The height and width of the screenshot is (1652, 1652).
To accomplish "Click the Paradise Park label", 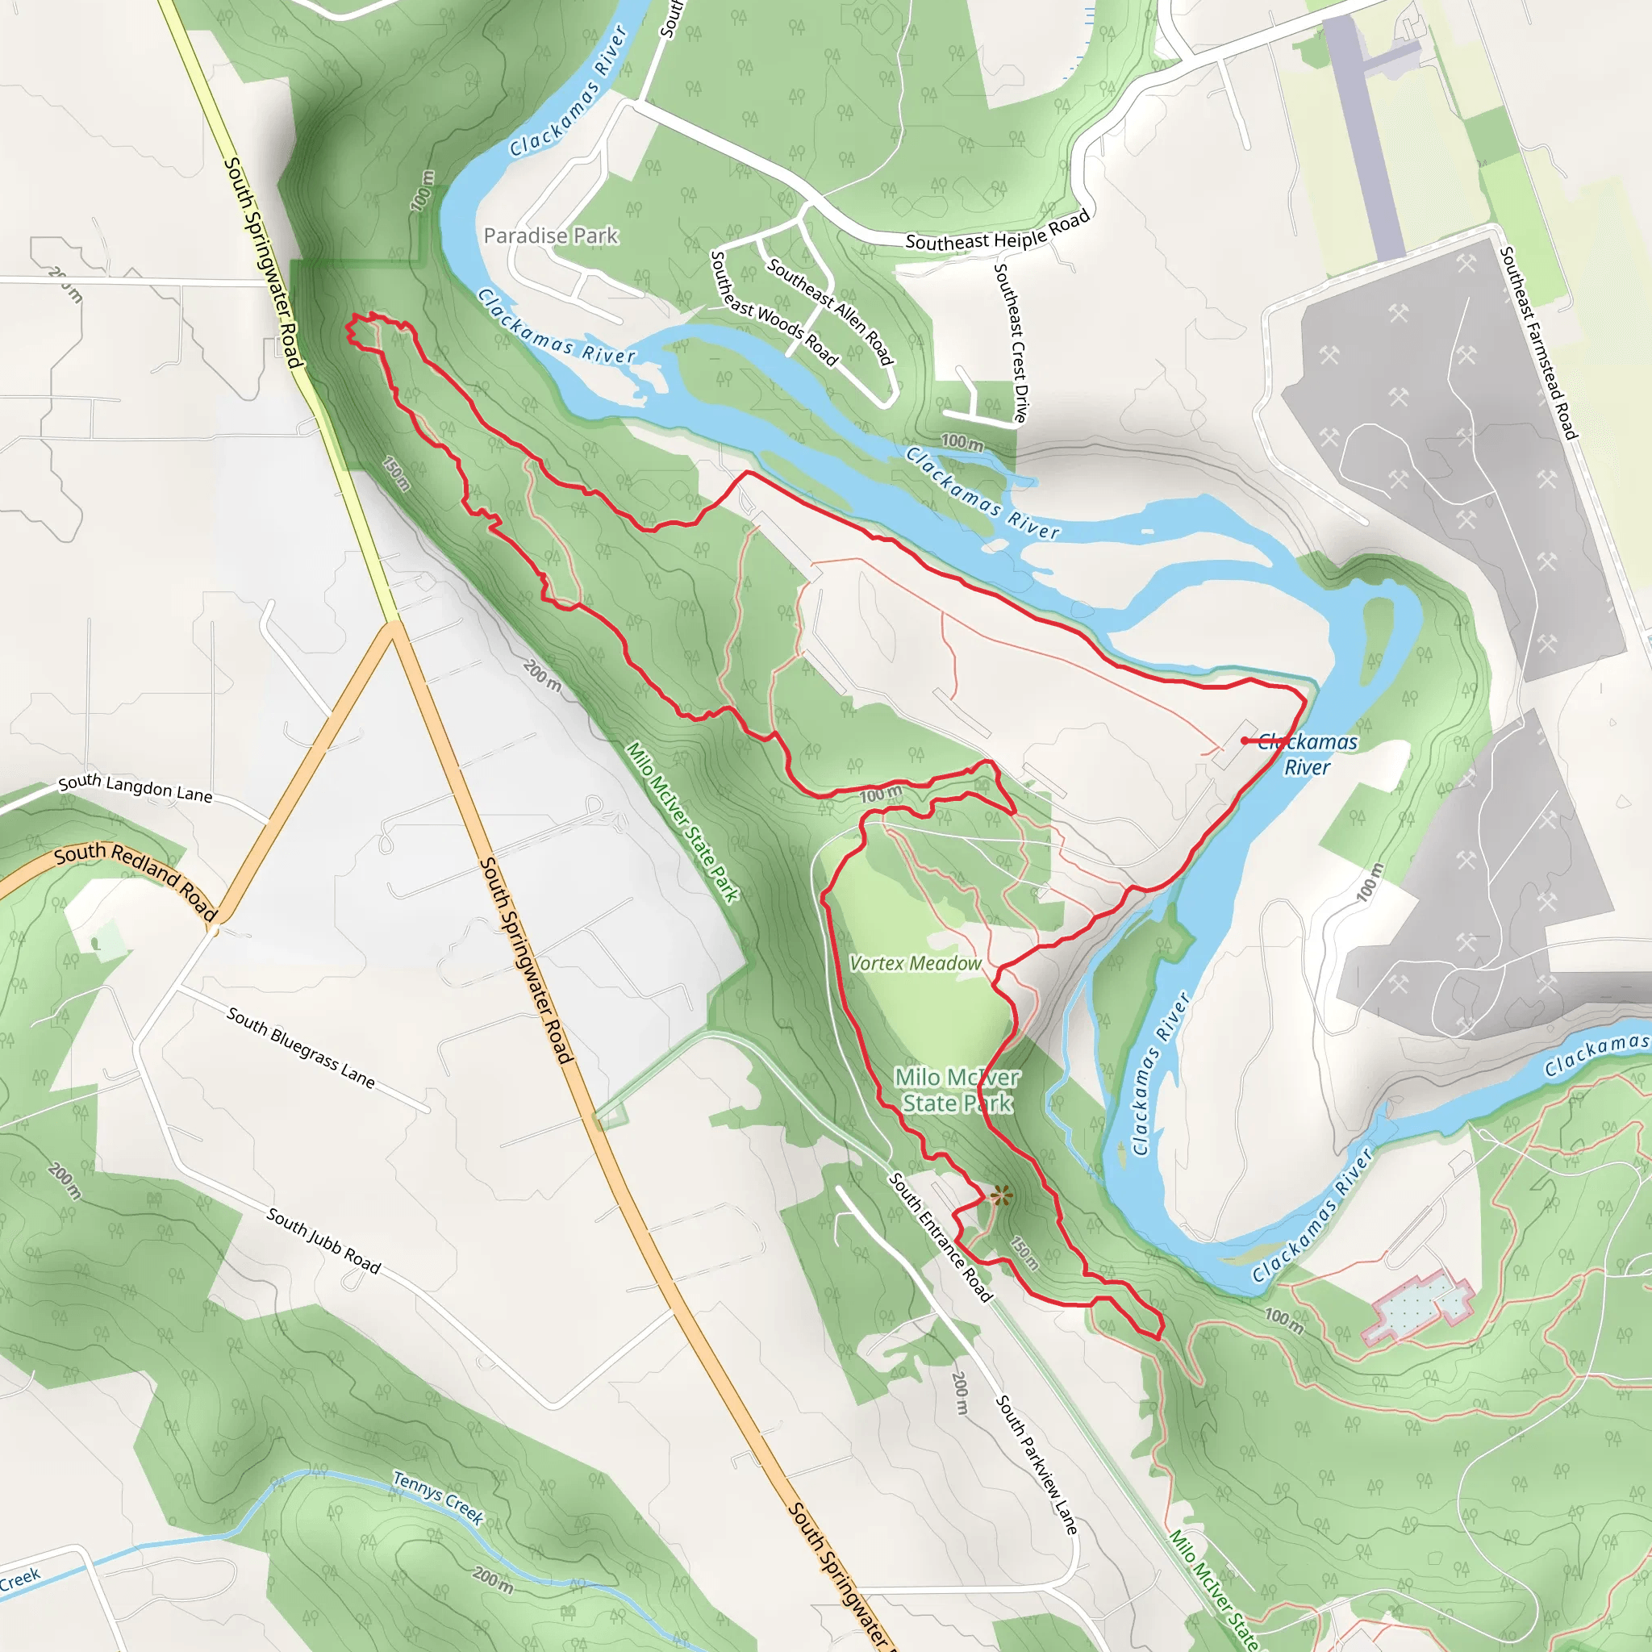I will point(551,236).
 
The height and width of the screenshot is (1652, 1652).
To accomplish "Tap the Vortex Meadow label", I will point(915,964).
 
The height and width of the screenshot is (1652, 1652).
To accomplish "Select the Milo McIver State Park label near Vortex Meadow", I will point(957,1091).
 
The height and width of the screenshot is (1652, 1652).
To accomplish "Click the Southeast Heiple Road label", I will point(997,231).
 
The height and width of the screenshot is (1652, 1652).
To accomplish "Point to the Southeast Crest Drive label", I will point(1010,342).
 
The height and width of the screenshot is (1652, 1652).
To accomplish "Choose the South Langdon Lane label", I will point(135,787).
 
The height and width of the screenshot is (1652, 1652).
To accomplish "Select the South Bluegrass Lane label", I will point(300,1048).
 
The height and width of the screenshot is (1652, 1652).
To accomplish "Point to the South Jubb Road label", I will point(323,1240).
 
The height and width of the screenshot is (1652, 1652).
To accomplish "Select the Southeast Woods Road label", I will point(774,308).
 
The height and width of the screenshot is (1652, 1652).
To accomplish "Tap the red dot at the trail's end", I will point(1244,740).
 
